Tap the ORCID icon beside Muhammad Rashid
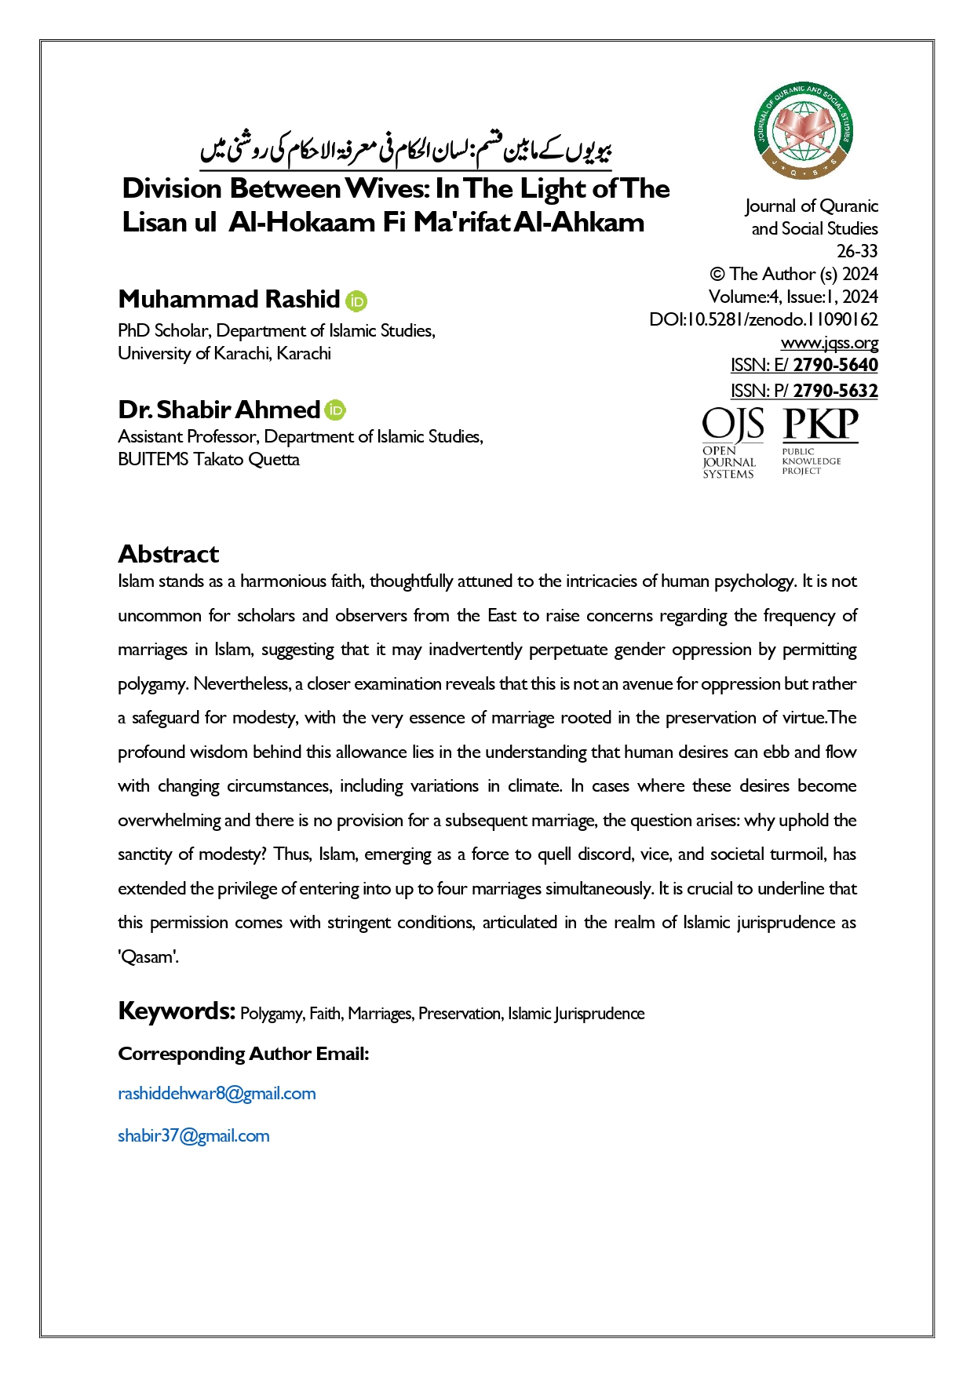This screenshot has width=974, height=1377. click(x=356, y=301)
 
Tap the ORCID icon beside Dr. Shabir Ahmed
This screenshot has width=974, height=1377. click(x=335, y=410)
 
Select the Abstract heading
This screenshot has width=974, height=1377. click(x=169, y=554)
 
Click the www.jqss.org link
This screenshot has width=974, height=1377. click(x=829, y=343)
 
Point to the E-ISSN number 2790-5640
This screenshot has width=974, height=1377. click(x=835, y=365)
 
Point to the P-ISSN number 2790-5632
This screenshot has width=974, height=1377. click(x=835, y=391)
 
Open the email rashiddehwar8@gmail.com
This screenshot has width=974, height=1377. click(x=217, y=1094)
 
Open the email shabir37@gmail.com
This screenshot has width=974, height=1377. click(x=193, y=1136)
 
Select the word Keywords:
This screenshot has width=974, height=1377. click(x=177, y=1011)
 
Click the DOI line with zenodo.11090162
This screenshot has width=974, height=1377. click(x=763, y=320)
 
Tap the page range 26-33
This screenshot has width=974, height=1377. click(x=857, y=251)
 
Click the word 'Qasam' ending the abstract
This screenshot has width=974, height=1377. click(x=148, y=957)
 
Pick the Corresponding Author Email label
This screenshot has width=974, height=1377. click(x=243, y=1054)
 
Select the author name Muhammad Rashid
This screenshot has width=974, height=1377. click(x=228, y=300)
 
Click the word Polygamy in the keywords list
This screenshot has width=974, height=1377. click(x=272, y=1014)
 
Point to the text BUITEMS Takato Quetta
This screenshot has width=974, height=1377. click(x=209, y=460)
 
